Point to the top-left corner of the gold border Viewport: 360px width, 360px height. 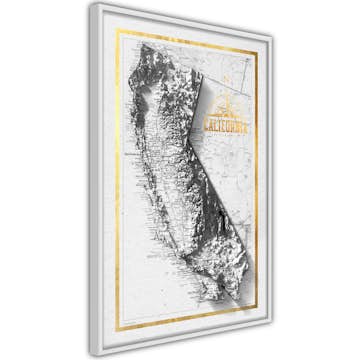tap(117, 31)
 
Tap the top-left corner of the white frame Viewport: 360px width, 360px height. tap(90, 3)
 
